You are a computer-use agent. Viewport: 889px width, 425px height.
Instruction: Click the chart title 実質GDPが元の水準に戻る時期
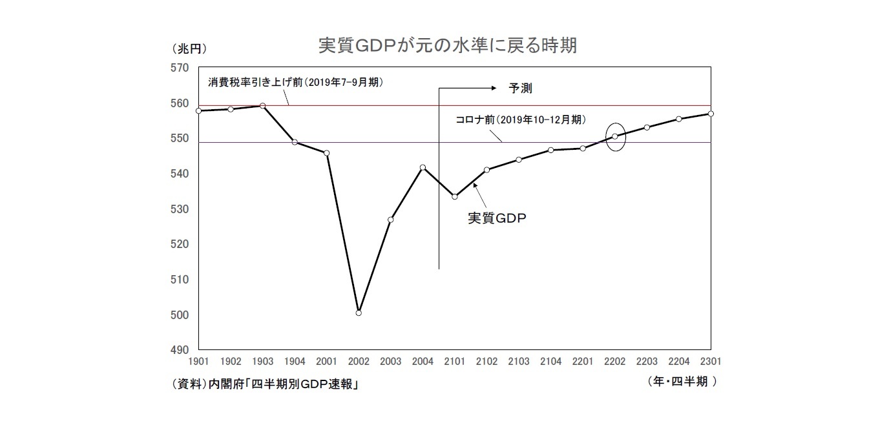pyautogui.click(x=447, y=46)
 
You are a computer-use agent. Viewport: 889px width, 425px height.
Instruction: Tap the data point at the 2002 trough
pyautogui.click(x=359, y=313)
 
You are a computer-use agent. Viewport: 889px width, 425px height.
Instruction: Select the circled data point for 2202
pyautogui.click(x=615, y=136)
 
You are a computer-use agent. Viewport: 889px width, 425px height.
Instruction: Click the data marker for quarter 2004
pyautogui.click(x=423, y=167)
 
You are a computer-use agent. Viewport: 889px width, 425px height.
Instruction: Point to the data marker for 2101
pyautogui.click(x=455, y=196)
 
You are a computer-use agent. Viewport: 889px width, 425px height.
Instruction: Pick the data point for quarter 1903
pyautogui.click(x=262, y=105)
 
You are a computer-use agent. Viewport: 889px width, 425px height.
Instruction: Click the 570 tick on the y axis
pyautogui.click(x=180, y=68)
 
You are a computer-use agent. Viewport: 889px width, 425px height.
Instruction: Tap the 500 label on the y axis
pyautogui.click(x=180, y=316)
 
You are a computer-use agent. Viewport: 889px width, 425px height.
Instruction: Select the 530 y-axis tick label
pyautogui.click(x=180, y=210)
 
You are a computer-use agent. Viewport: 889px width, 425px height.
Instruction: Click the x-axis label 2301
pyautogui.click(x=711, y=361)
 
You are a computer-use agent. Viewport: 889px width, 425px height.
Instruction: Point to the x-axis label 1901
pyautogui.click(x=198, y=361)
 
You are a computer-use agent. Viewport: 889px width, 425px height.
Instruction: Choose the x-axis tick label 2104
pyautogui.click(x=550, y=361)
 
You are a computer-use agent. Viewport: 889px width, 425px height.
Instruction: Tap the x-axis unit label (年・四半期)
pyautogui.click(x=682, y=382)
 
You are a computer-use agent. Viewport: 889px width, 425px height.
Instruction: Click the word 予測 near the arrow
pyautogui.click(x=521, y=88)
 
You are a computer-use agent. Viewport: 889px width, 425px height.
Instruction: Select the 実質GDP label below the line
pyautogui.click(x=497, y=218)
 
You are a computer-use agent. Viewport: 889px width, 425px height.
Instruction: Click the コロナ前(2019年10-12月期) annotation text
pyautogui.click(x=521, y=119)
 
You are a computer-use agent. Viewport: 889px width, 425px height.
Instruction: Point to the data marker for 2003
pyautogui.click(x=391, y=220)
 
